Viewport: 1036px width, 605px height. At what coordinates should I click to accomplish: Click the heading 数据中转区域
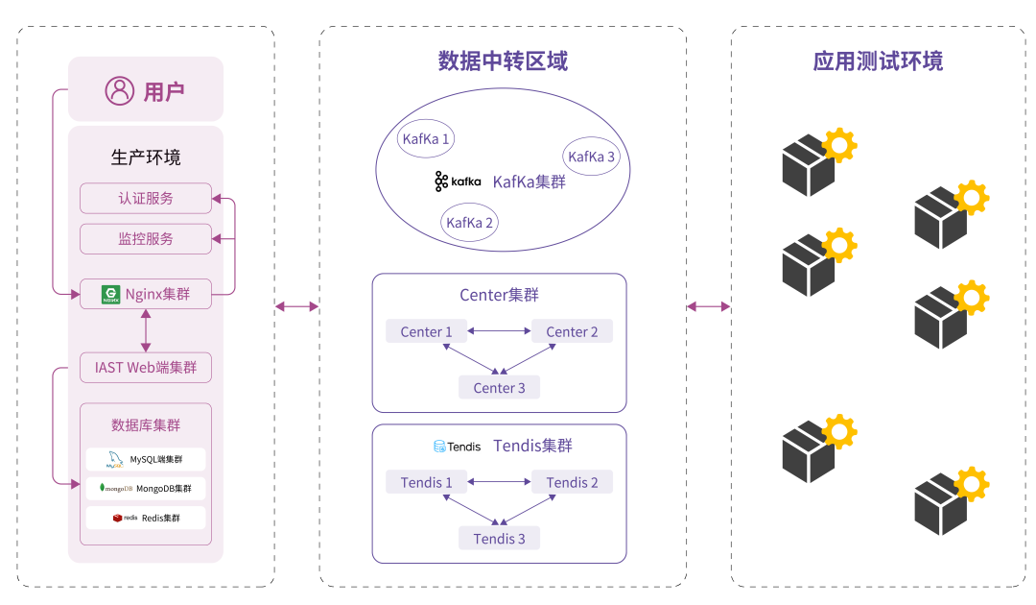click(x=503, y=61)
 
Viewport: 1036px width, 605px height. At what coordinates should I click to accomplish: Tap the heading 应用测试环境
click(x=878, y=61)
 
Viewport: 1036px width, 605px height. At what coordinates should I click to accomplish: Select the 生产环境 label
click(x=146, y=157)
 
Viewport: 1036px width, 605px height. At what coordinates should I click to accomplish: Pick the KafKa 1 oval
click(x=426, y=139)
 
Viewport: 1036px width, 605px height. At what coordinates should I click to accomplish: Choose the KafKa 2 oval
click(x=470, y=223)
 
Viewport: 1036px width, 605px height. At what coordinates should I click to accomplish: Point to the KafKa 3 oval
click(x=591, y=157)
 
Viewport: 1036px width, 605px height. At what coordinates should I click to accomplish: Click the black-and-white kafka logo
click(x=458, y=181)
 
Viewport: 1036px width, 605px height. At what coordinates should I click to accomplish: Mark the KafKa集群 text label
click(x=530, y=181)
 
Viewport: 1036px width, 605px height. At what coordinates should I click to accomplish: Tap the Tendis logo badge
click(x=458, y=446)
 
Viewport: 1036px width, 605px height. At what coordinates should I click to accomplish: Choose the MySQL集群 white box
click(x=146, y=459)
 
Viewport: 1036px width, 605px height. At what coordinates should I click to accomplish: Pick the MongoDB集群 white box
click(x=146, y=488)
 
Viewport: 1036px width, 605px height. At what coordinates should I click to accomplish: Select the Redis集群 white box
click(x=146, y=518)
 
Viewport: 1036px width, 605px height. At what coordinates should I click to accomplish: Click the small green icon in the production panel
click(x=110, y=295)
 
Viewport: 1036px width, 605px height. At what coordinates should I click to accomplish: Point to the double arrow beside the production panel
click(x=296, y=306)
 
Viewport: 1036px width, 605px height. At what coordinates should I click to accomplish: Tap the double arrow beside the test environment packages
click(x=709, y=306)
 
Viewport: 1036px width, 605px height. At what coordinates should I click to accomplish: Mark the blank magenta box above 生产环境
click(x=146, y=88)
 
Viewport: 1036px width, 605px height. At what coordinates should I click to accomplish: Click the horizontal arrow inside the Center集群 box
click(x=500, y=331)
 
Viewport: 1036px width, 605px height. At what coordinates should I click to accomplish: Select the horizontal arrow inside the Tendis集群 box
click(x=500, y=482)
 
